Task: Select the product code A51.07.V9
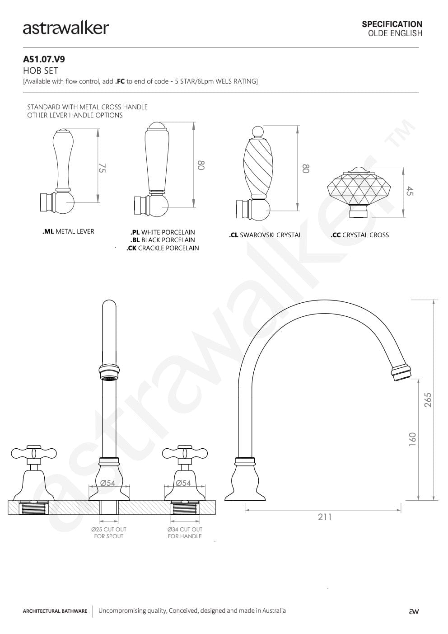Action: point(44,59)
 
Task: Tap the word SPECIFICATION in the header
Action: point(392,24)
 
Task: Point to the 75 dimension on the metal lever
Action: point(102,168)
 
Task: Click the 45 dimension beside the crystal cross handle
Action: point(410,191)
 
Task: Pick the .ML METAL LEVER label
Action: point(68,231)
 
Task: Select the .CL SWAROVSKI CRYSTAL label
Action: point(265,235)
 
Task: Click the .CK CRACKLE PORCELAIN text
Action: point(163,248)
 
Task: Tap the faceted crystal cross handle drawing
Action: point(359,192)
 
